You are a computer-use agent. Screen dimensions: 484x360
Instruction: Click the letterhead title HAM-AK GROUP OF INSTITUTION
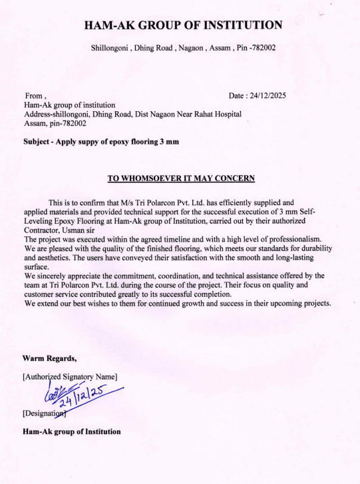pyautogui.click(x=183, y=25)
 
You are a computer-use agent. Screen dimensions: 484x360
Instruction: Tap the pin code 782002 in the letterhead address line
pyautogui.click(x=262, y=48)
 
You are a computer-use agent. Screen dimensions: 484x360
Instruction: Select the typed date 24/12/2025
pyautogui.click(x=266, y=96)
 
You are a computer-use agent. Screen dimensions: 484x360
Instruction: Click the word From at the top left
pyautogui.click(x=33, y=96)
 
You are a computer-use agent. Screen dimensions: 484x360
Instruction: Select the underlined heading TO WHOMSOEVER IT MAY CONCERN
pyautogui.click(x=181, y=178)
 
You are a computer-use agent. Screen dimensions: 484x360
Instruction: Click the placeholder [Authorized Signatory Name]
pyautogui.click(x=70, y=377)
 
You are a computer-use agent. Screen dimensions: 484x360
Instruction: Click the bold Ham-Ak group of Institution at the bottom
pyautogui.click(x=72, y=431)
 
